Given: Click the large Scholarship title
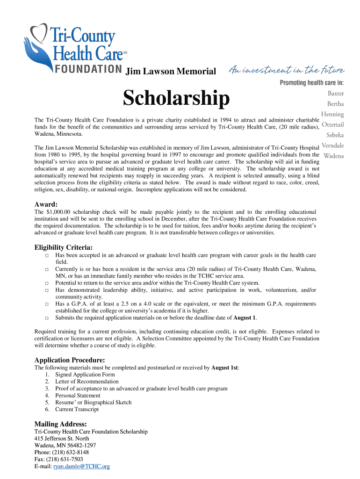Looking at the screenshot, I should [x=176, y=98].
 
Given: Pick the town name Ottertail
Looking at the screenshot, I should [x=333, y=125].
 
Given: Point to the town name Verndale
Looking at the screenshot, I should [x=332, y=145].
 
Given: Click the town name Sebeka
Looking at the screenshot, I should [x=335, y=135].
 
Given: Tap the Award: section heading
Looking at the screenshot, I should [x=46, y=204].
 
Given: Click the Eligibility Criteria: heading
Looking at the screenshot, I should [x=64, y=247].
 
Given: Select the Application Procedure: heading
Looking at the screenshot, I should [x=70, y=360].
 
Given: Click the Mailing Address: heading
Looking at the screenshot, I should [x=61, y=424].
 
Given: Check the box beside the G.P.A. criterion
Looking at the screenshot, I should [x=47, y=304].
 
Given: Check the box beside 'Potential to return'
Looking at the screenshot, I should [x=47, y=283].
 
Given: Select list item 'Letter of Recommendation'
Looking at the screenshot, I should [x=86, y=381].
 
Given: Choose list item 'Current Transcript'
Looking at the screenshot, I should [x=77, y=409].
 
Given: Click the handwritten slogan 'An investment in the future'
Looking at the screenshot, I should [x=287, y=71].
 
